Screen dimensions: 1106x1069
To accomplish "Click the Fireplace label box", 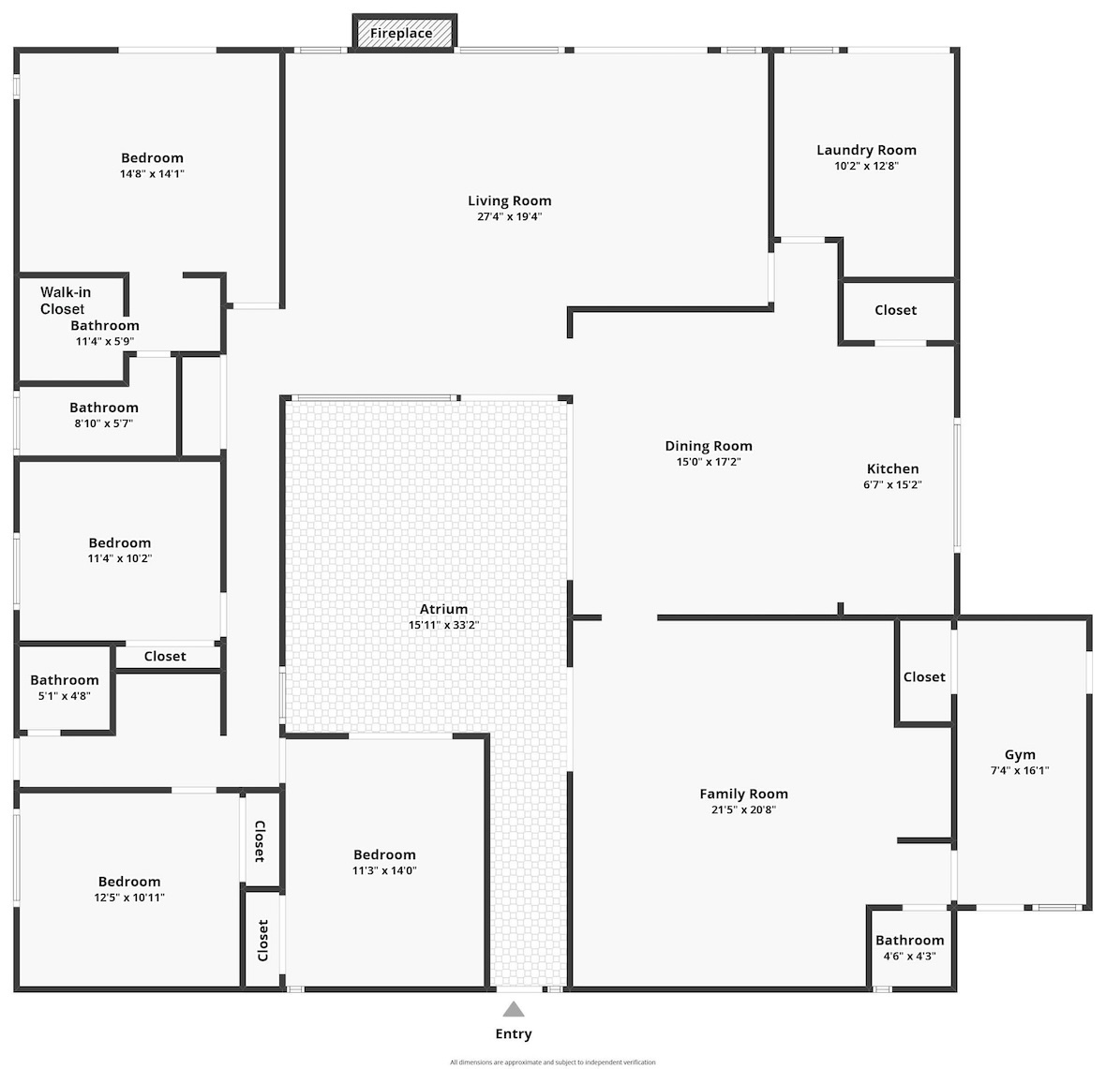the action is [x=404, y=33].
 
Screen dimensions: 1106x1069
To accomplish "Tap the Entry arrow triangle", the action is [x=514, y=1009].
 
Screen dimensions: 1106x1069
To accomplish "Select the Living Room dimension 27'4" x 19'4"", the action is [x=509, y=216].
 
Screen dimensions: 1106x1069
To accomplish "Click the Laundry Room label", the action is [x=866, y=150].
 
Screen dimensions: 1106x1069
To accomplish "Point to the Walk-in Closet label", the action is [x=65, y=301].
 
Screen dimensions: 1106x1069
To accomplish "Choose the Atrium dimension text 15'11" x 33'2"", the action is [x=443, y=625].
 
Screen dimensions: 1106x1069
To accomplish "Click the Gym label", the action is [x=1020, y=754].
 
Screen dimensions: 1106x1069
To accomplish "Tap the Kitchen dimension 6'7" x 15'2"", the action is [x=892, y=484].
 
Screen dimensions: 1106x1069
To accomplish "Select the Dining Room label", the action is [x=709, y=446].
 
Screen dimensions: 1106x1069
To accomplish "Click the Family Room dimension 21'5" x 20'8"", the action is [x=743, y=809].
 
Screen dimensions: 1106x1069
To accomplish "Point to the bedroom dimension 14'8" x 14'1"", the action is [x=152, y=173].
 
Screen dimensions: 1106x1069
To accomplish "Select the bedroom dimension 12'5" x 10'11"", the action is [x=129, y=898].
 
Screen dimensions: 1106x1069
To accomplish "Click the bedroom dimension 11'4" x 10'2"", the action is [x=120, y=558].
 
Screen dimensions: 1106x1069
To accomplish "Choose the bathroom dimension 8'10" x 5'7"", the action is [x=104, y=423].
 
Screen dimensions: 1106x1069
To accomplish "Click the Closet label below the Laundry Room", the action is [x=896, y=309].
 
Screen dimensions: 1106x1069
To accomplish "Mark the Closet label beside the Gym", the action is [x=924, y=676].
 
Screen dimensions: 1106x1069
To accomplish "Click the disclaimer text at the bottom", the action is [x=553, y=1062].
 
